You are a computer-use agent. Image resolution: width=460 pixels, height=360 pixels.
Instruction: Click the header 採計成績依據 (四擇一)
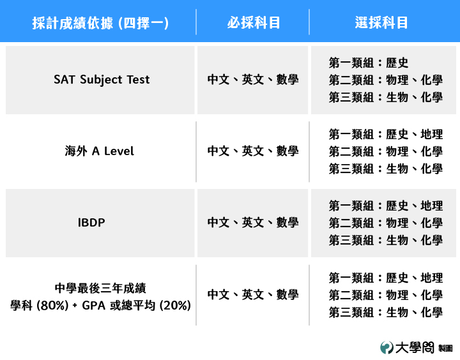(100, 23)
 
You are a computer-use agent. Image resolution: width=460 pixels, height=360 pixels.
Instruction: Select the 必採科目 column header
(254, 22)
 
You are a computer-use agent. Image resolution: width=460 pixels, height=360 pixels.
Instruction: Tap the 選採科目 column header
(381, 22)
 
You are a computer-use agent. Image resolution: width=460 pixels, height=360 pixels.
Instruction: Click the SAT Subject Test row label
(102, 79)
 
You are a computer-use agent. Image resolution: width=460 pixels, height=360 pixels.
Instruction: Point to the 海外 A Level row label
(99, 151)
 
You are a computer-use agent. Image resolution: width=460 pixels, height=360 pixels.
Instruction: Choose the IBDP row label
(91, 223)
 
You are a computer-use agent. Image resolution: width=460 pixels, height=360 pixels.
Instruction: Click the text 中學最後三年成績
(100, 288)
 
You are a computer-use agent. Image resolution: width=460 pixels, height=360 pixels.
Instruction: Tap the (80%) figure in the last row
(52, 306)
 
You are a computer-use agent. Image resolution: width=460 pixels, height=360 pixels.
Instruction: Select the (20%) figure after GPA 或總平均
(175, 306)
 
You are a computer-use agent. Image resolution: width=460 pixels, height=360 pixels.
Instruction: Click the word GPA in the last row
(93, 306)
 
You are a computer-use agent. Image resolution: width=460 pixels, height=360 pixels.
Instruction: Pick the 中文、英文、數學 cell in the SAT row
(253, 79)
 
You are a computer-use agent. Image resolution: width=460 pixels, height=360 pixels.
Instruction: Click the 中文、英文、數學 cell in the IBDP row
(253, 223)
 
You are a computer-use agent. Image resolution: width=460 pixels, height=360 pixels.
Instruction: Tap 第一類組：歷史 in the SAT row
(368, 63)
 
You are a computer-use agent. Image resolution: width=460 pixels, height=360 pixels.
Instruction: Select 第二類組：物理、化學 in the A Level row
(385, 151)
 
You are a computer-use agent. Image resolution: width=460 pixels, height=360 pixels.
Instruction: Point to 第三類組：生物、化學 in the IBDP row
(385, 241)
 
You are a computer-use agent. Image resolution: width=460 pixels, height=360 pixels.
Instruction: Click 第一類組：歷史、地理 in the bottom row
(385, 278)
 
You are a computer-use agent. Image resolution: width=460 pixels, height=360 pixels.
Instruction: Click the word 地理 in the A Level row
(431, 134)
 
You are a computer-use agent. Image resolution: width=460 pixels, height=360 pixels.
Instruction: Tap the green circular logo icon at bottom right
(387, 348)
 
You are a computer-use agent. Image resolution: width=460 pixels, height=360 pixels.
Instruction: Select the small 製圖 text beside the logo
(445, 349)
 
